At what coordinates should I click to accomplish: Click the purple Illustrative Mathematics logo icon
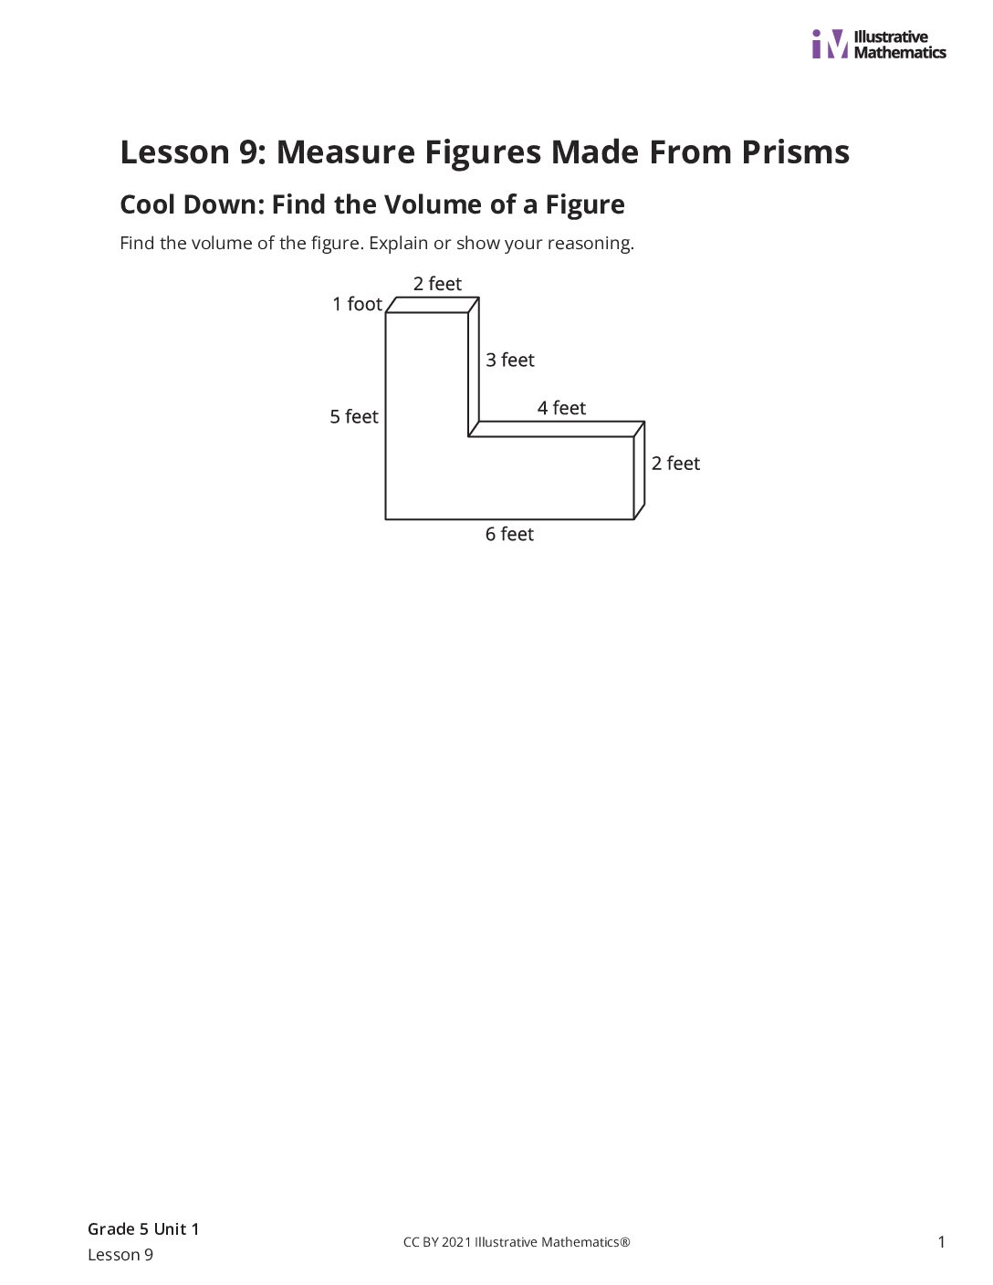click(x=830, y=44)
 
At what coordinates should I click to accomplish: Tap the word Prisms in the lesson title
click(x=795, y=153)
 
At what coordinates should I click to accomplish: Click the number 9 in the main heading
click(x=248, y=152)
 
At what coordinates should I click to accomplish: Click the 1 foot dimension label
click(x=357, y=304)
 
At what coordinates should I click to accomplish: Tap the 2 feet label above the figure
click(x=437, y=284)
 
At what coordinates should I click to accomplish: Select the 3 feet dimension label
click(x=510, y=360)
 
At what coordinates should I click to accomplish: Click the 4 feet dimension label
click(x=561, y=408)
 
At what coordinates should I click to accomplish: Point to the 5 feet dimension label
click(x=354, y=417)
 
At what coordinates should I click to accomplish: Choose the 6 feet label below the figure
click(x=509, y=535)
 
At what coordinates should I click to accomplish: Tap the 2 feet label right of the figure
click(x=675, y=464)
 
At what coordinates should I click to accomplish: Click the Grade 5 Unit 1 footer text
click(x=143, y=1229)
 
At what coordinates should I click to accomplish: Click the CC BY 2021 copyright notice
click(x=517, y=1242)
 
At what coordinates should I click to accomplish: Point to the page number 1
click(x=941, y=1242)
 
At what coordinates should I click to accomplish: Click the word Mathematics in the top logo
click(x=900, y=53)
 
